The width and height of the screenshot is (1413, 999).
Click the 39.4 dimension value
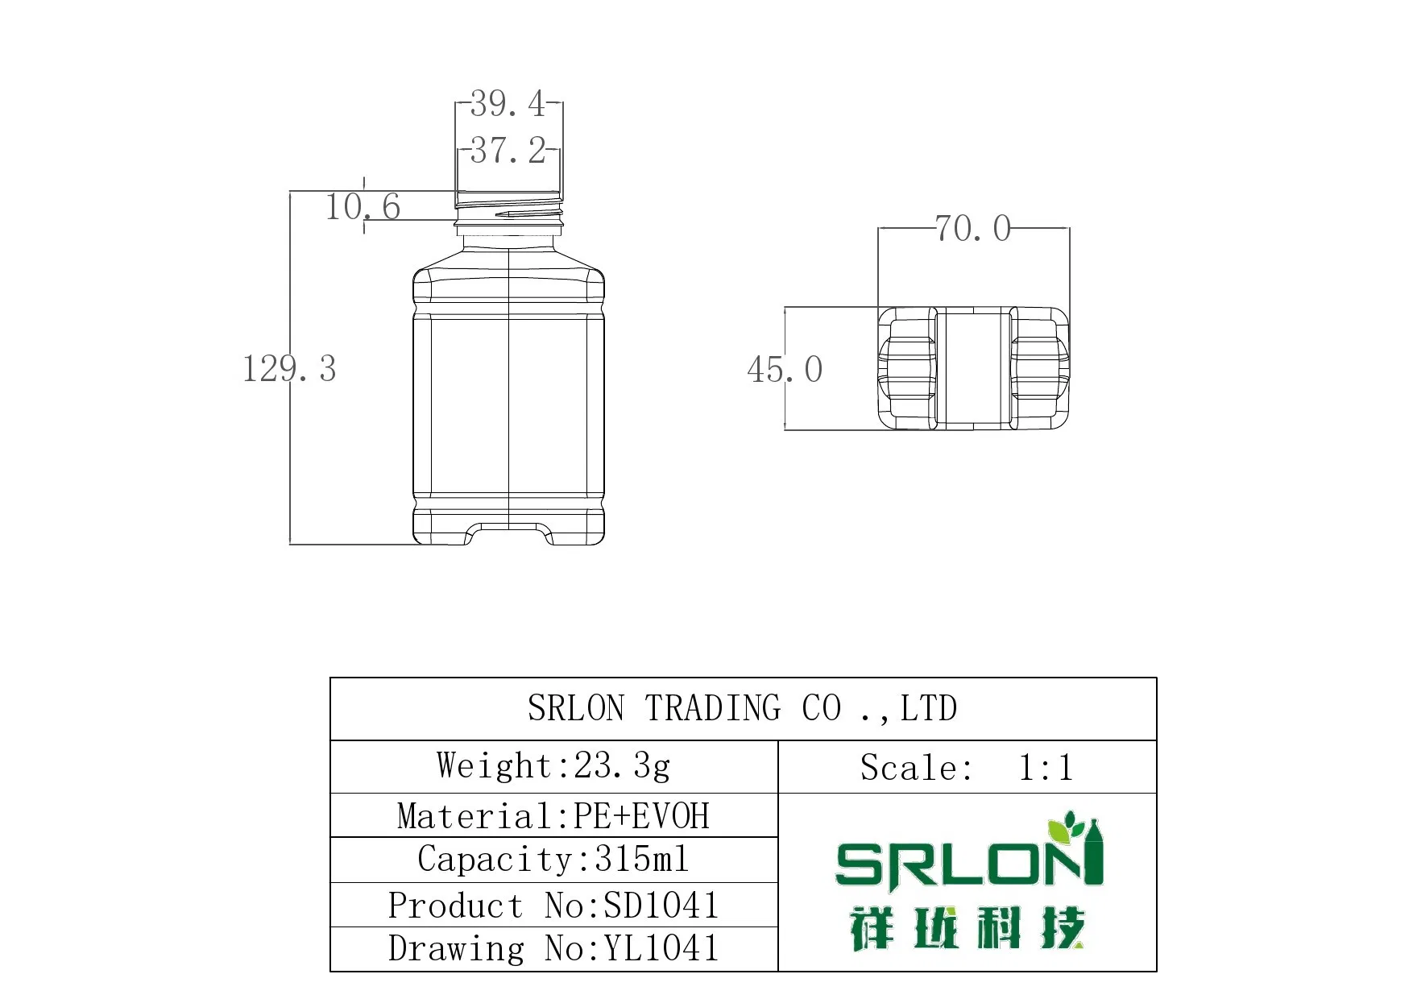[x=508, y=104]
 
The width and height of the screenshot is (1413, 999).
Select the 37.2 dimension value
[x=508, y=151]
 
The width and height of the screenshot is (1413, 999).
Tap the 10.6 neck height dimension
[x=363, y=207]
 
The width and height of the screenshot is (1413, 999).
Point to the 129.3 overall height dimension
[x=289, y=369]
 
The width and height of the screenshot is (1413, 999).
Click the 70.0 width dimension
[x=972, y=229]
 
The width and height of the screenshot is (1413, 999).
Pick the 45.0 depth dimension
[x=785, y=370]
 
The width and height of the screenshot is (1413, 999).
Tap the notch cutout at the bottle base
[x=509, y=534]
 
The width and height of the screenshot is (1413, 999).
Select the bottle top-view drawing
[x=973, y=368]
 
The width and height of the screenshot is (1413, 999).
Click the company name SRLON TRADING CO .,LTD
[x=742, y=709]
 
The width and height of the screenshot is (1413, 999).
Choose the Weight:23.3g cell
[x=553, y=766]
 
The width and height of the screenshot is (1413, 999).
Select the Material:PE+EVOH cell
[x=553, y=816]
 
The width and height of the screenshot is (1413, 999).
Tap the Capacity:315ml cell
[x=553, y=860]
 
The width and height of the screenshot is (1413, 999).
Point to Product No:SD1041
[x=553, y=906]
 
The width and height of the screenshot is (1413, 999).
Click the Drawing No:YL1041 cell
[x=553, y=949]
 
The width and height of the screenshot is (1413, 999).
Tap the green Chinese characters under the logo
[x=967, y=928]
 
